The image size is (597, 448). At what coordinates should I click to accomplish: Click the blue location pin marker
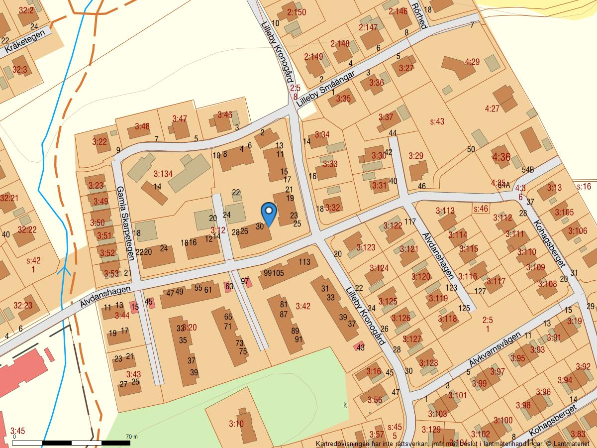269,213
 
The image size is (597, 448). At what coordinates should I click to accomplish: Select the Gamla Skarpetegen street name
125,223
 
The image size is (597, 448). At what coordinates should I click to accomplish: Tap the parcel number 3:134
163,174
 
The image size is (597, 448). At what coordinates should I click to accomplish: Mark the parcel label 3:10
236,424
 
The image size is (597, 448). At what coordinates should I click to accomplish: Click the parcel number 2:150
297,12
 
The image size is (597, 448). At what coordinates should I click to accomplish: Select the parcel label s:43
437,121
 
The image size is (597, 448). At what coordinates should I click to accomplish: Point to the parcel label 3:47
180,118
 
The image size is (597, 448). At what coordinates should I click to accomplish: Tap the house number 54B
527,170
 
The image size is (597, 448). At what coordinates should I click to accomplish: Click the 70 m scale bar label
132,437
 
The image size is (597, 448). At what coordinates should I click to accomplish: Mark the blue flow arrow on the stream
64,271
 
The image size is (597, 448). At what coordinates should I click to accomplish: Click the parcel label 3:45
17,431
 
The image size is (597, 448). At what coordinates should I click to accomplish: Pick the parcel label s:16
584,187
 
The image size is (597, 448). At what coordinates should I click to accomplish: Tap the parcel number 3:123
366,247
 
